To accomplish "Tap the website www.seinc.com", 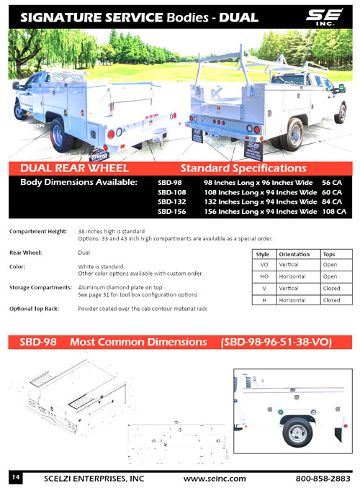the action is pyautogui.click(x=215, y=479).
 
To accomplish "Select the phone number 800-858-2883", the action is pyautogui.click(x=323, y=479).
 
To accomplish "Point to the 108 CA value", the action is pyautogui.click(x=334, y=212).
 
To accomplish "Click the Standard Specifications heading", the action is pyautogui.click(x=243, y=168).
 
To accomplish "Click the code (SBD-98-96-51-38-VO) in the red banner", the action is pyautogui.click(x=276, y=343).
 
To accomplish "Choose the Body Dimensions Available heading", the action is pyautogui.click(x=78, y=183).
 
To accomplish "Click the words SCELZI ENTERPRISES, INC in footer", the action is pyautogui.click(x=94, y=479).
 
